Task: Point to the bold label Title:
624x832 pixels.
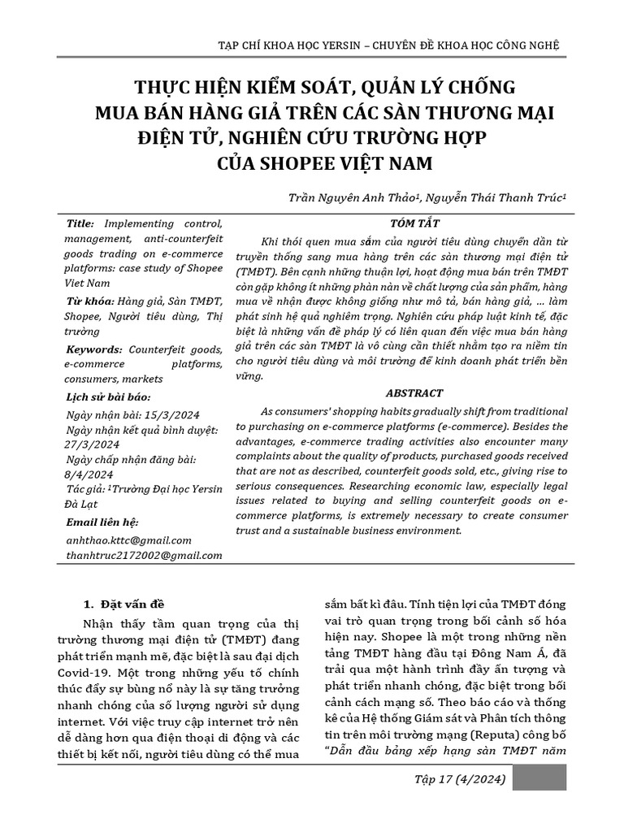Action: click(x=80, y=223)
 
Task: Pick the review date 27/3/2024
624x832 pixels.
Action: click(x=91, y=444)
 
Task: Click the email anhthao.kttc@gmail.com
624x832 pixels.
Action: click(x=128, y=539)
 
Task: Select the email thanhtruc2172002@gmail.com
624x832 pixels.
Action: click(x=143, y=555)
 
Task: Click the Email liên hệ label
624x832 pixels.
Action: click(x=102, y=522)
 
